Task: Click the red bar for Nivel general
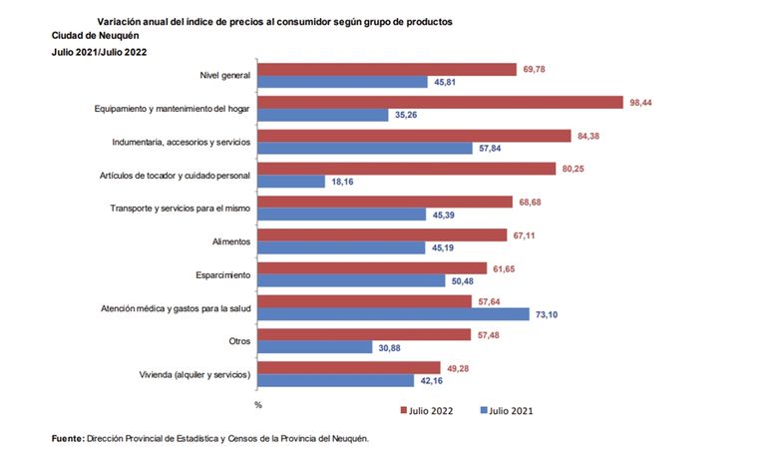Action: point(386,69)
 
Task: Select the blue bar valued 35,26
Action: point(323,115)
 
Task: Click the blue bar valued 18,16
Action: point(291,181)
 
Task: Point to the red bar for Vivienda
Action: point(350,367)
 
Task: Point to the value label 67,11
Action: point(523,235)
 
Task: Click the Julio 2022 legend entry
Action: point(431,410)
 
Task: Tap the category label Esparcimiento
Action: point(224,274)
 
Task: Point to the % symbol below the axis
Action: point(257,405)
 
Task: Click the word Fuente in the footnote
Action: point(68,438)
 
